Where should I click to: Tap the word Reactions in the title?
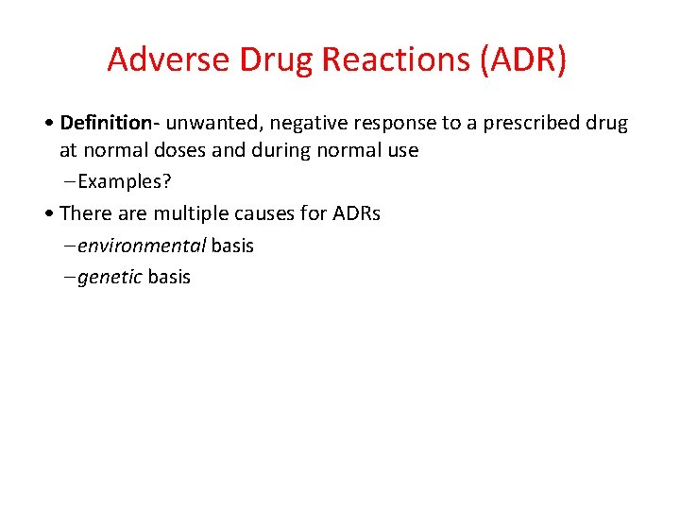click(x=395, y=59)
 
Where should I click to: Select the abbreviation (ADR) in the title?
click(x=524, y=59)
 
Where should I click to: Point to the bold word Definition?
click(x=104, y=123)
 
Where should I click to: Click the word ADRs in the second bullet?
click(x=356, y=213)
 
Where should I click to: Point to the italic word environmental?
click(x=142, y=246)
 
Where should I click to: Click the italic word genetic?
click(x=110, y=277)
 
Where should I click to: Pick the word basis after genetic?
click(x=169, y=277)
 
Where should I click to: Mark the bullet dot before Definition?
click(x=49, y=124)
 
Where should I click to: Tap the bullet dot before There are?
click(x=49, y=214)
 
